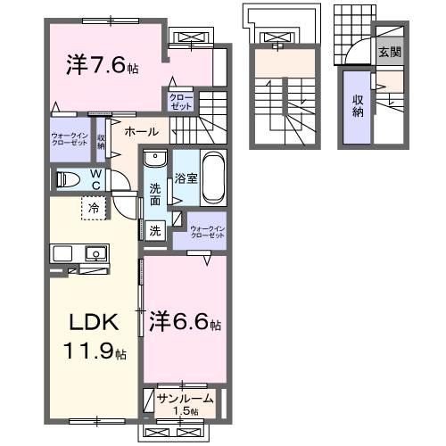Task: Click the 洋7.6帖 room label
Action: pyautogui.click(x=102, y=64)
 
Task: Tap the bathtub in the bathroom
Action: pyautogui.click(x=214, y=172)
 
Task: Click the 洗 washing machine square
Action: pyautogui.click(x=154, y=229)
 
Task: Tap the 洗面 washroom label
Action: pyautogui.click(x=155, y=194)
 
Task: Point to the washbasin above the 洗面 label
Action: pyautogui.click(x=155, y=160)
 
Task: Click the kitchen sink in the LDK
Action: pyautogui.click(x=95, y=254)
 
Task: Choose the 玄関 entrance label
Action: pyautogui.click(x=389, y=52)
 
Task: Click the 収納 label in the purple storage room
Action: pyautogui.click(x=357, y=106)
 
